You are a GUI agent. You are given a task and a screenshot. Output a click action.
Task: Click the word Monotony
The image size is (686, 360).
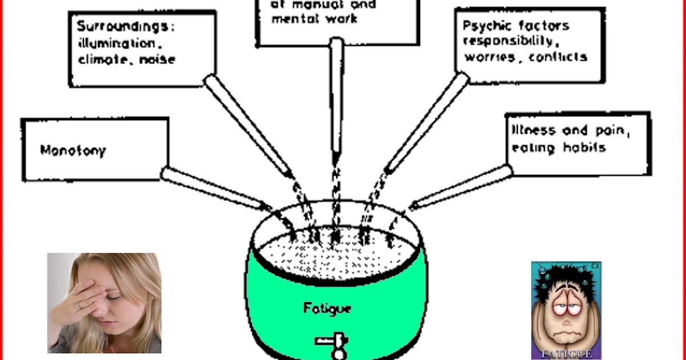(x=73, y=151)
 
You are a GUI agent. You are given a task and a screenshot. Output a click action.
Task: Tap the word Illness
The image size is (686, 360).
(x=533, y=130)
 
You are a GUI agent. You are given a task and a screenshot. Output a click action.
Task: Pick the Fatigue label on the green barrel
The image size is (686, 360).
(x=328, y=309)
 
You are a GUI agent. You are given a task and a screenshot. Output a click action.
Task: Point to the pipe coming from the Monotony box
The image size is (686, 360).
(x=212, y=187)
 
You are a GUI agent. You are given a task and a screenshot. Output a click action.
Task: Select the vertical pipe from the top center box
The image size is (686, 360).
(x=336, y=97)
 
